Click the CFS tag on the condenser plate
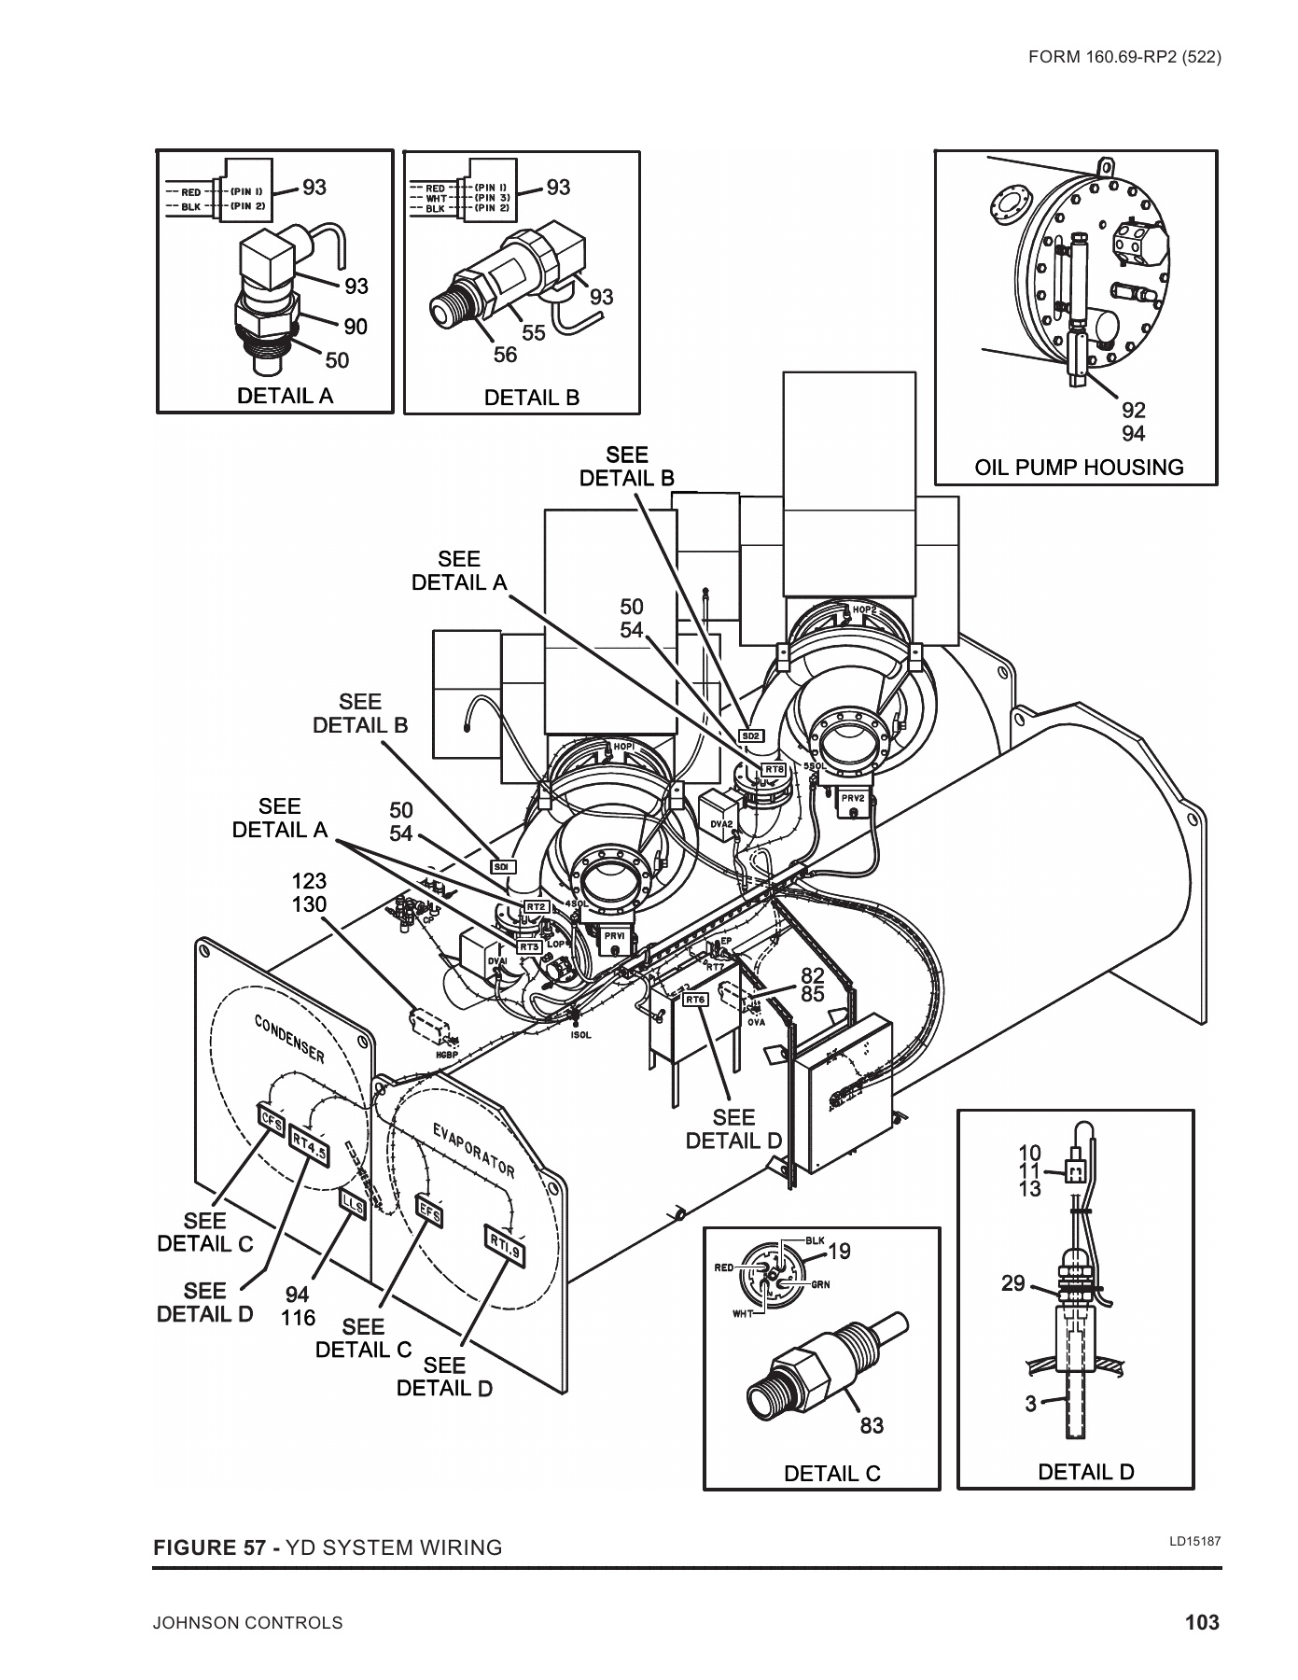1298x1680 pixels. [271, 1118]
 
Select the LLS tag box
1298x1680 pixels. [354, 1204]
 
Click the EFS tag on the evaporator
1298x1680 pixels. [428, 1211]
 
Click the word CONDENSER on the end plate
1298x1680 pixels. [290, 1039]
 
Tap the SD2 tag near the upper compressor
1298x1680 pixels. [751, 735]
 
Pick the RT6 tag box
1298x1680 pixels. [695, 1000]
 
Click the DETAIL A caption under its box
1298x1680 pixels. [285, 396]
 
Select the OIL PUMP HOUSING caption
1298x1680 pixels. [1079, 468]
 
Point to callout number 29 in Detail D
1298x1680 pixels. [1013, 1283]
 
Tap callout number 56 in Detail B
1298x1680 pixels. [505, 355]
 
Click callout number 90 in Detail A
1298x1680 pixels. [356, 327]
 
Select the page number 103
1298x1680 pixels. [1202, 1622]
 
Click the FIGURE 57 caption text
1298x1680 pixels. [327, 1547]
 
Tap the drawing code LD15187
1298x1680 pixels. [1195, 1541]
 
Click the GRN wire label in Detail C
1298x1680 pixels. [819, 1285]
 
